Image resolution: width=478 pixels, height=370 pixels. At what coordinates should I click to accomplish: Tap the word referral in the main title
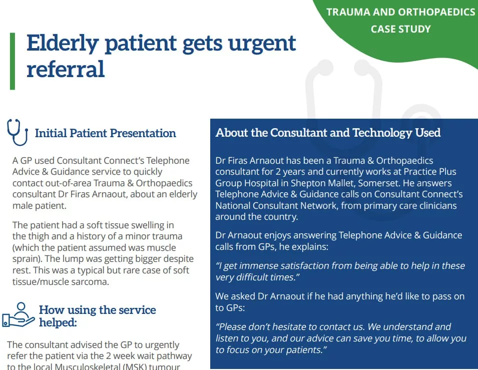(66, 69)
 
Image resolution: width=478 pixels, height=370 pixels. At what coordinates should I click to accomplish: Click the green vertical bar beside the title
(13, 61)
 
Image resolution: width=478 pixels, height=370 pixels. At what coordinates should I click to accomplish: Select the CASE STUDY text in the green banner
(401, 29)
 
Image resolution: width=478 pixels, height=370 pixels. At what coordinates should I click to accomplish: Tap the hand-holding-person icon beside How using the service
(19, 315)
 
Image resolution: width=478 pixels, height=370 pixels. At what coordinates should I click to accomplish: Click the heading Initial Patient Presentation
(106, 133)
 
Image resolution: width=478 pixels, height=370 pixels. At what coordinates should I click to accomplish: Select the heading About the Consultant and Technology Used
(328, 133)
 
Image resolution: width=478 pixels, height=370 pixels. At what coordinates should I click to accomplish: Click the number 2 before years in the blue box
(278, 172)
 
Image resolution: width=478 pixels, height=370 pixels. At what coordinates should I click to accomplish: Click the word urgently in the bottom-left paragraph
(162, 345)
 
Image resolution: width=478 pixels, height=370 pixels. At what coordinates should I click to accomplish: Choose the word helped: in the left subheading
(58, 322)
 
